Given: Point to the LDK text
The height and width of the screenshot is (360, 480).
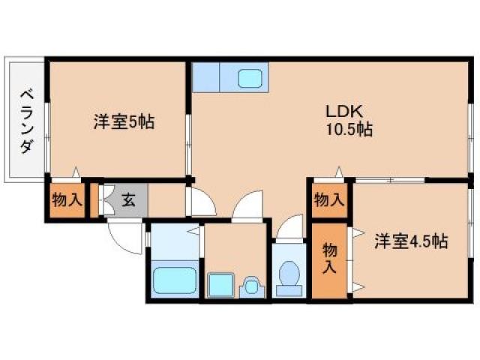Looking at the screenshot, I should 344,111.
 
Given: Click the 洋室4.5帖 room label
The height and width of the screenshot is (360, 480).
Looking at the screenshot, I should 412,241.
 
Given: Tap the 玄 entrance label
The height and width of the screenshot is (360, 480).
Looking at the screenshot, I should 128,199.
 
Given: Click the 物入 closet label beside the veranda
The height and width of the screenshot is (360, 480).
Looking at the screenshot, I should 65,200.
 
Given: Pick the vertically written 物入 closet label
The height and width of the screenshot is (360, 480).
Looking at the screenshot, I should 329,259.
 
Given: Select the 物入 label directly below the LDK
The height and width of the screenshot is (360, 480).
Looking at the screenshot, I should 329,199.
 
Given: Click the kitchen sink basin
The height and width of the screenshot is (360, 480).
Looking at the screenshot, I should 249,76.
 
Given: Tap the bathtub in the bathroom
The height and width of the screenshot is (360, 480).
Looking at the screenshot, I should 175,281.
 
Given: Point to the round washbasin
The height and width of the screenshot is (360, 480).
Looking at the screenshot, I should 251,285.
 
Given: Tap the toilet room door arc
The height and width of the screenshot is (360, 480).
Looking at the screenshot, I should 290,229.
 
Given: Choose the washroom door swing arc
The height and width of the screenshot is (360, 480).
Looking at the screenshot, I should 246,205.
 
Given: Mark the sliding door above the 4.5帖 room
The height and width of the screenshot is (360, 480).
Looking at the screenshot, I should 390,181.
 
